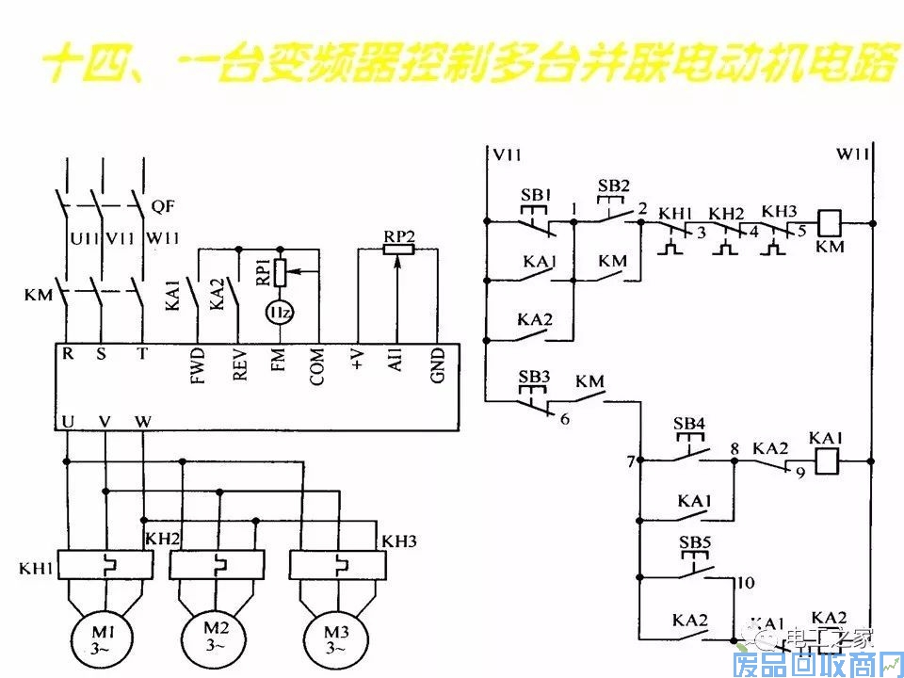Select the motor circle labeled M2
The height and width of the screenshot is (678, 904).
point(217,637)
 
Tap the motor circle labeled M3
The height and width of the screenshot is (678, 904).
point(335,637)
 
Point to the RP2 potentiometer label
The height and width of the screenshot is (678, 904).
point(398,235)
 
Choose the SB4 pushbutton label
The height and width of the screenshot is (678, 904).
point(689,424)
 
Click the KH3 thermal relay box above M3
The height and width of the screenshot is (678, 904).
point(336,566)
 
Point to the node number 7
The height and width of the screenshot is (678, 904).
point(630,462)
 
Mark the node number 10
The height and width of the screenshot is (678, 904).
point(746,583)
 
